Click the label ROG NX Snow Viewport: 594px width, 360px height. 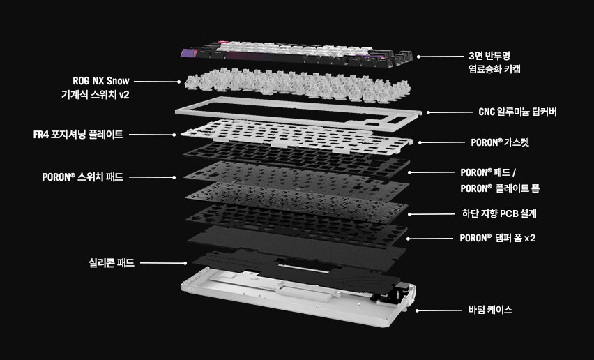click(101, 81)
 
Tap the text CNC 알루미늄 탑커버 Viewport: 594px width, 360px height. click(517, 112)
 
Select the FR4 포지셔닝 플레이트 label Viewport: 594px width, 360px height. click(78, 135)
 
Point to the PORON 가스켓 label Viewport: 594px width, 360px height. click(500, 142)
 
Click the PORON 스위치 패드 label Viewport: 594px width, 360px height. click(82, 177)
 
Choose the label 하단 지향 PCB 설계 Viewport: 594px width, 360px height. click(499, 213)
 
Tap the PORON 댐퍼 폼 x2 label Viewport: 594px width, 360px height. click(498, 238)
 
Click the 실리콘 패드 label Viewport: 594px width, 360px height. click(112, 262)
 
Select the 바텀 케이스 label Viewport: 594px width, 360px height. click(490, 310)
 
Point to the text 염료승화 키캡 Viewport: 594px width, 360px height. click(494, 69)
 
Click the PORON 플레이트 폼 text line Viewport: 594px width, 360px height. click(500, 188)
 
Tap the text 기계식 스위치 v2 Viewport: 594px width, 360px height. click(95, 95)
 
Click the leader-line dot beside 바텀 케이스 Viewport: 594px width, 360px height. click(417, 310)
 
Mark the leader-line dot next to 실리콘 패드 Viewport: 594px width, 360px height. click(185, 263)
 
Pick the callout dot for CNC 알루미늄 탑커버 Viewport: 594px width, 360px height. click(429, 112)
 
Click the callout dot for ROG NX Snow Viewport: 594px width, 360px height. click(178, 82)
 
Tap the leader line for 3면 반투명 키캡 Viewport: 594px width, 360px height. click(441, 57)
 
